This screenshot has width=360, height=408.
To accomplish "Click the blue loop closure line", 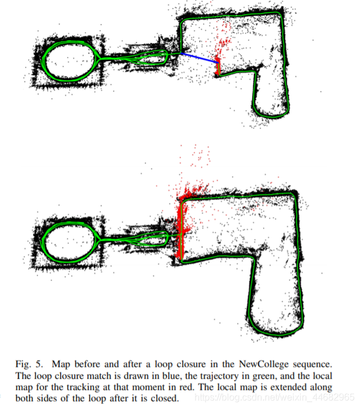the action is (x=199, y=58).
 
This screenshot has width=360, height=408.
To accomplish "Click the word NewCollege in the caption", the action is (x=263, y=364).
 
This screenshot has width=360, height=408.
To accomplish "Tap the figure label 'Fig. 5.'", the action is (x=29, y=364).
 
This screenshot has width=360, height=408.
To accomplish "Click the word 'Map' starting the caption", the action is (x=61, y=364).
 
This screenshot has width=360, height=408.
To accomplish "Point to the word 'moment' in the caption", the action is (x=149, y=387).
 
